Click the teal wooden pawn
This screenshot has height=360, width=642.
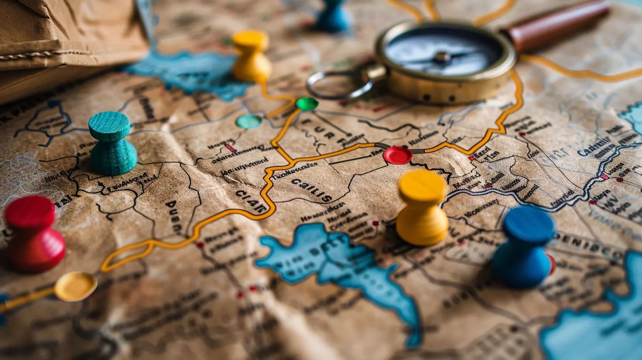(112, 146)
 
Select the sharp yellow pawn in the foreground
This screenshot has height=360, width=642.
(422, 210)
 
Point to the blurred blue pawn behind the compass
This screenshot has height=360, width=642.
(334, 16)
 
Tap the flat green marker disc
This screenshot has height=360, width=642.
(307, 104)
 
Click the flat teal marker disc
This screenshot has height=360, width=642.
(249, 121)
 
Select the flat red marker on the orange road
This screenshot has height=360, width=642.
(398, 155)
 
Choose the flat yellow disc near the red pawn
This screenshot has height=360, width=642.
(75, 286)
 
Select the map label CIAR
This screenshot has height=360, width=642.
(251, 201)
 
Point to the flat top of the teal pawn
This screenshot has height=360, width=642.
(109, 126)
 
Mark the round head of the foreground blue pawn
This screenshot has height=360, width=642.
(529, 225)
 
